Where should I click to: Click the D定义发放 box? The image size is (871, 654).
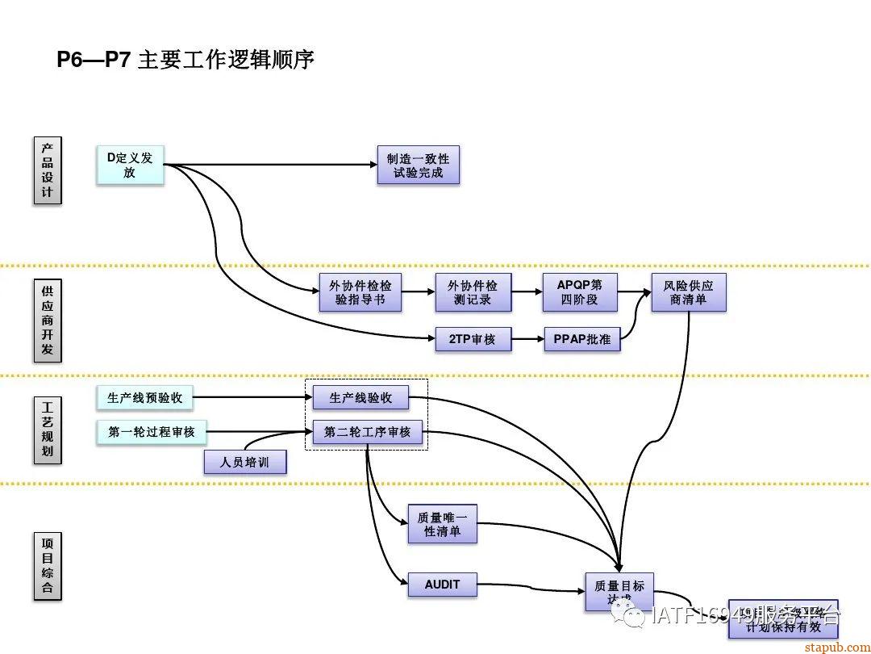pyautogui.click(x=130, y=165)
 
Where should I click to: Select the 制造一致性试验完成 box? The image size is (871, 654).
pyautogui.click(x=418, y=165)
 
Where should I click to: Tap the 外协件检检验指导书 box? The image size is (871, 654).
pyautogui.click(x=360, y=292)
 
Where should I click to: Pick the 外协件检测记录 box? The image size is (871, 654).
pyautogui.click(x=473, y=292)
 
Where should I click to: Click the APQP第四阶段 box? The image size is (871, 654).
pyautogui.click(x=579, y=292)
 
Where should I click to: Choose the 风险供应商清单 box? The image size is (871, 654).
pyautogui.click(x=689, y=292)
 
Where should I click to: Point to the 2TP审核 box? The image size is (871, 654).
pyautogui.click(x=472, y=339)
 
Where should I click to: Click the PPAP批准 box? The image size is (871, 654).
pyautogui.click(x=581, y=339)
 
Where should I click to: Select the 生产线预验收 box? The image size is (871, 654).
pyautogui.click(x=145, y=397)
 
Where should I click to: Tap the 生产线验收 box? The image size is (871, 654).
pyautogui.click(x=360, y=397)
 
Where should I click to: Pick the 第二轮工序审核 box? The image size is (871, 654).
pyautogui.click(x=367, y=432)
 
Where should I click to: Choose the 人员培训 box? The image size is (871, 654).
pyautogui.click(x=245, y=463)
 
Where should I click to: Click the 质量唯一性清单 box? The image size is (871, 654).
pyautogui.click(x=442, y=524)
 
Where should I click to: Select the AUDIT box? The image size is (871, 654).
pyautogui.click(x=441, y=584)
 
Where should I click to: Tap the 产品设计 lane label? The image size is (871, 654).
pyautogui.click(x=48, y=171)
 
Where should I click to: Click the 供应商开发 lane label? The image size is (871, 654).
pyautogui.click(x=48, y=320)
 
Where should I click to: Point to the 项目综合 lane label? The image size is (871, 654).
pyautogui.click(x=48, y=564)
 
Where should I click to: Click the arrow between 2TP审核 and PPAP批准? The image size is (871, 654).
pyautogui.click(x=527, y=339)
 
